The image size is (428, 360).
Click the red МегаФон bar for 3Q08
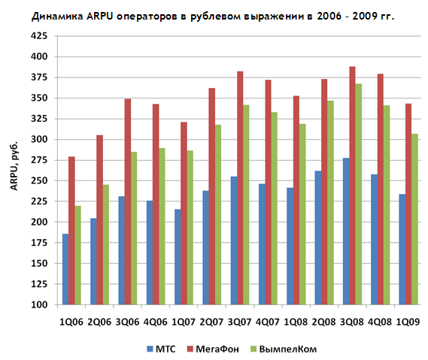(352, 186)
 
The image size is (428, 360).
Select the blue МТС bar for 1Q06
(65, 269)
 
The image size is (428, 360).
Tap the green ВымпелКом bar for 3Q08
(359, 194)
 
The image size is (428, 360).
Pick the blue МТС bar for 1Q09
(402, 250)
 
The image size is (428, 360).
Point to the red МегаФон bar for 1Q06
(71, 231)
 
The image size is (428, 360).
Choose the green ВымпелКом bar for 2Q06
(106, 245)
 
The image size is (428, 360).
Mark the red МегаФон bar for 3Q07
(240, 188)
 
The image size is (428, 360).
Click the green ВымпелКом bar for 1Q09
(414, 219)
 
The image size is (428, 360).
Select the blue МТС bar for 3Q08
(346, 231)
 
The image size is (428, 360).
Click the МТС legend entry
(161, 349)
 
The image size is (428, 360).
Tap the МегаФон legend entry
(213, 349)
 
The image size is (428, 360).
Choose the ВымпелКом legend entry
(284, 349)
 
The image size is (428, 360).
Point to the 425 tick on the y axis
(39, 36)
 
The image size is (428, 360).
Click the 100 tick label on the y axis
(39, 304)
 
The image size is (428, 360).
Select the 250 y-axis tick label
(39, 180)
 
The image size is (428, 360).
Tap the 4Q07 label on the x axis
(268, 322)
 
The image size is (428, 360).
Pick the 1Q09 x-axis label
(408, 322)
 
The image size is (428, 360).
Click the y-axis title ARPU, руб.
(14, 165)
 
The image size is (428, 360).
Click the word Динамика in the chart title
(57, 17)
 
